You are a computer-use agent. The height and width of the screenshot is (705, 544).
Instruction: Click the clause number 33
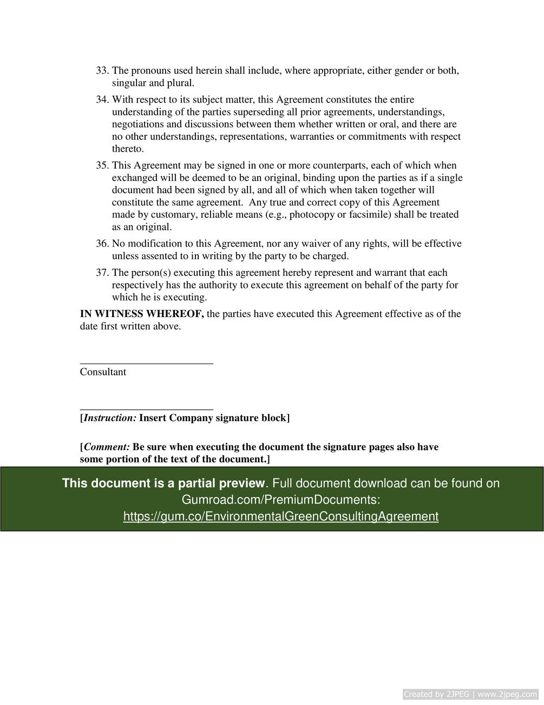(102, 71)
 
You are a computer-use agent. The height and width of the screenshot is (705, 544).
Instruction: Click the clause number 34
(102, 100)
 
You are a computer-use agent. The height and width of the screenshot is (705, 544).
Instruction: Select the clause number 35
(102, 166)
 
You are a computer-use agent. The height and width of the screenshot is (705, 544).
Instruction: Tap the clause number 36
(102, 244)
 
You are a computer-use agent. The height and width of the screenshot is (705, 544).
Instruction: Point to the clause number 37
(102, 273)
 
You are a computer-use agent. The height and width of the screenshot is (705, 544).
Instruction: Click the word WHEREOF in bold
(175, 314)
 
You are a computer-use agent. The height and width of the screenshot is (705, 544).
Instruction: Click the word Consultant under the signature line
(103, 372)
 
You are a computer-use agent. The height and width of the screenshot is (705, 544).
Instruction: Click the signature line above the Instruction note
(146, 410)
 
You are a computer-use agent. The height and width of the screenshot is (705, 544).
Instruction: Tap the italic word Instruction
(110, 418)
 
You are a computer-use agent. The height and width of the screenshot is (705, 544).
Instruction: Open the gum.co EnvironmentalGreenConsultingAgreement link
(280, 516)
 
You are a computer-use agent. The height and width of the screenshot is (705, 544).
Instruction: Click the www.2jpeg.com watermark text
(507, 694)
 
